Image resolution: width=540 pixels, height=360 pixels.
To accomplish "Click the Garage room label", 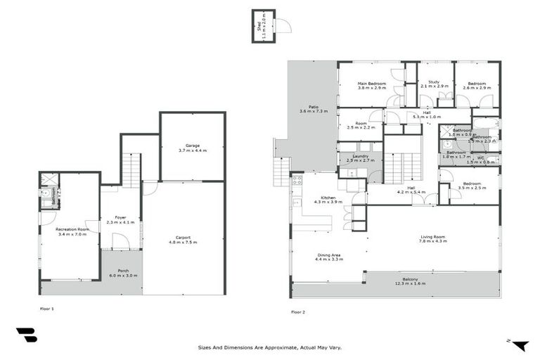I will (x=193, y=148).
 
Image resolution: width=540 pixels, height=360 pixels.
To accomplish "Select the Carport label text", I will (x=183, y=240).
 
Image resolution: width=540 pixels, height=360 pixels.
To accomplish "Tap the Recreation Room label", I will (x=73, y=231).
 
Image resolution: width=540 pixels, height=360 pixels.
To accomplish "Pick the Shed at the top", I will (x=264, y=26).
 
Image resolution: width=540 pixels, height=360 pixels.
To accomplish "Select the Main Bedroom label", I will (x=371, y=85).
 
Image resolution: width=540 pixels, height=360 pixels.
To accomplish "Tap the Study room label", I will (x=435, y=84).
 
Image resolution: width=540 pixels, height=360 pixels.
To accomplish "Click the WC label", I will (x=481, y=160).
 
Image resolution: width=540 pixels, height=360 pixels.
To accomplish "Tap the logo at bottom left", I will (x=26, y=335).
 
